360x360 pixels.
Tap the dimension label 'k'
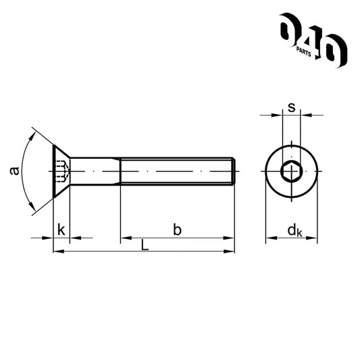(x=61, y=230)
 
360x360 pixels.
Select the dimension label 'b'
(x=177, y=230)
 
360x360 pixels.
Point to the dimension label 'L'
(x=145, y=245)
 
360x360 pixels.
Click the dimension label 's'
(x=291, y=107)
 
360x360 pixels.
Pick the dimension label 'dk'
(x=294, y=230)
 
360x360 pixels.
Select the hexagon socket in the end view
(x=291, y=172)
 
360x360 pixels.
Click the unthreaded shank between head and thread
(x=95, y=172)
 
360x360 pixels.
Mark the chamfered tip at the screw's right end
(x=233, y=172)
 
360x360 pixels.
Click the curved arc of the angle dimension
(x=22, y=172)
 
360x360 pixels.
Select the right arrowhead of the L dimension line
(x=230, y=252)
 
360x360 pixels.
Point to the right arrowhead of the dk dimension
(x=313, y=238)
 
